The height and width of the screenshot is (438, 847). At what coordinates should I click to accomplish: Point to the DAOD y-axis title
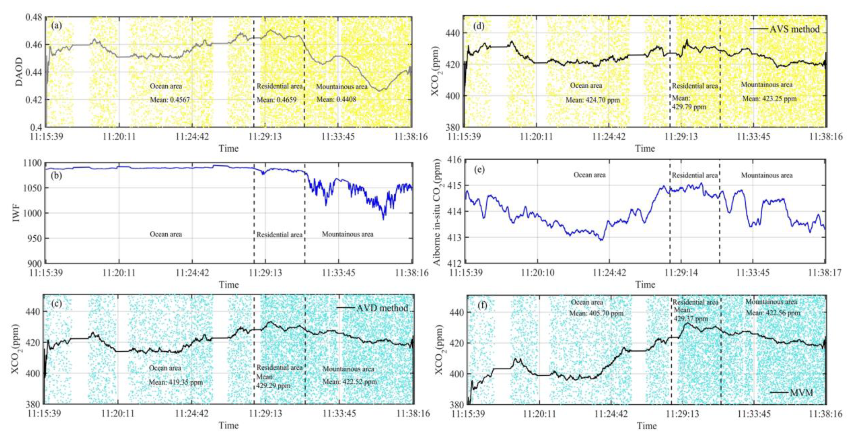19,72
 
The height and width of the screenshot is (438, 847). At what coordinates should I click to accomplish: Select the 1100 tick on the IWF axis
33,163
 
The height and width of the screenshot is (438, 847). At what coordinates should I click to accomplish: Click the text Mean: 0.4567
170,100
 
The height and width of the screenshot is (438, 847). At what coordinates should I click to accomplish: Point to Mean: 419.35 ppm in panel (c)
176,382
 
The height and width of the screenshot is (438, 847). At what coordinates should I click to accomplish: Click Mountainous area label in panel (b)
348,234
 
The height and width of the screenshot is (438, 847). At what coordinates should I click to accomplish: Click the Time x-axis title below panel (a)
229,149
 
